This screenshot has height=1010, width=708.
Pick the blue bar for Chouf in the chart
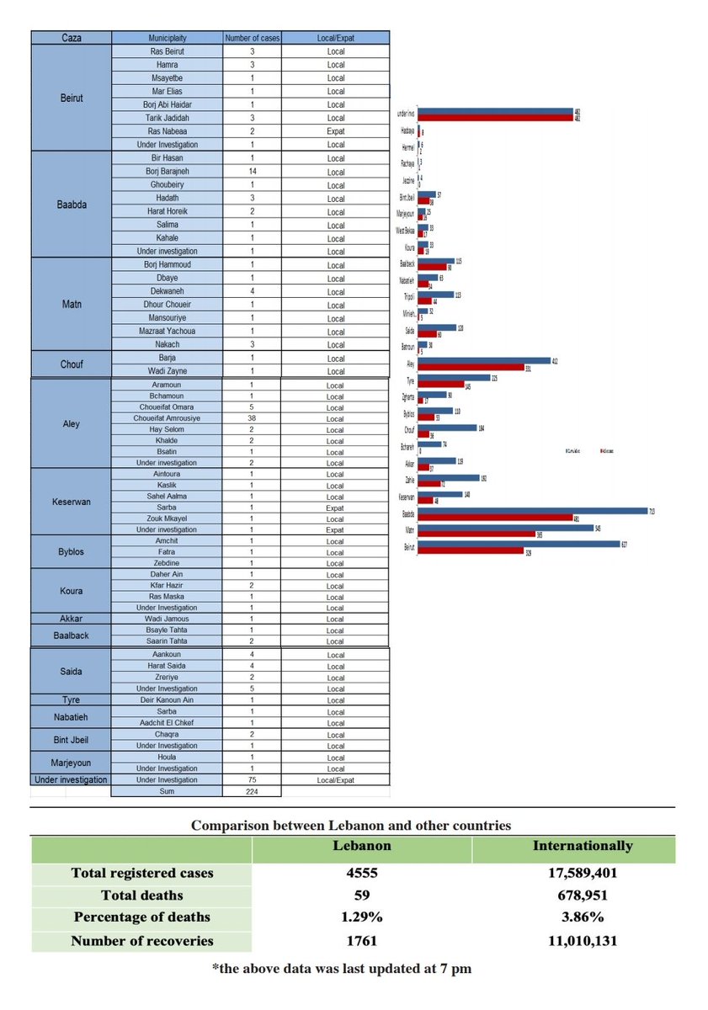pyautogui.click(x=446, y=428)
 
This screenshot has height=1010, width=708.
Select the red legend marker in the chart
pyautogui.click(x=601, y=452)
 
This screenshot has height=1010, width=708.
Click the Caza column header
pyautogui.click(x=72, y=38)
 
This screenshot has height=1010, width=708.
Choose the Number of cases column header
pyautogui.click(x=252, y=38)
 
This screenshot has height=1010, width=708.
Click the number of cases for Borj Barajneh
pyautogui.click(x=252, y=172)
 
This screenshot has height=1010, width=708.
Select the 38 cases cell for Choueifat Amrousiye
pyautogui.click(x=252, y=418)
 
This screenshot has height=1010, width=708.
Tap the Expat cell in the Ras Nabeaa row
pyautogui.click(x=335, y=131)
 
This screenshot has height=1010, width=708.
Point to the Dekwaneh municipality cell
pyautogui.click(x=167, y=292)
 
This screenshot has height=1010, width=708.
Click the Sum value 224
pyautogui.click(x=252, y=791)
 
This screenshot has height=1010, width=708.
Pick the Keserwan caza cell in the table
pyautogui.click(x=72, y=502)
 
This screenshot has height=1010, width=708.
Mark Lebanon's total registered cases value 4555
pyautogui.click(x=362, y=873)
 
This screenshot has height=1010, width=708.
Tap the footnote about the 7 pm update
pyautogui.click(x=341, y=969)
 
